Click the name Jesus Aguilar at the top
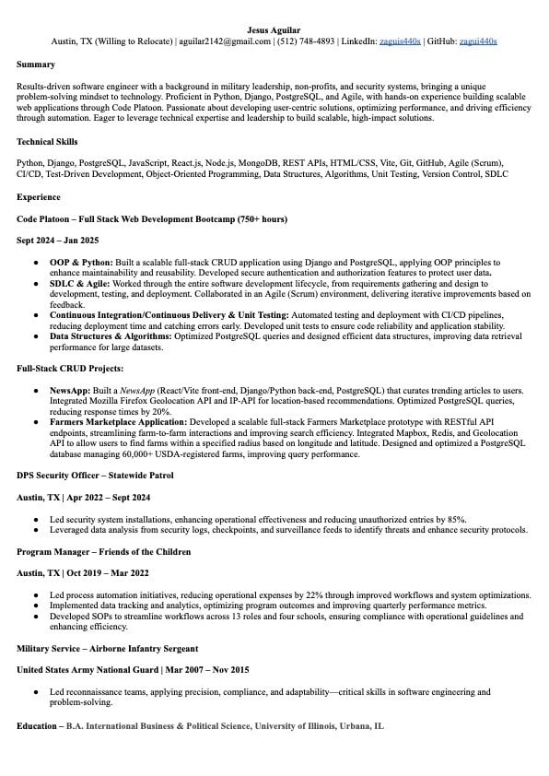(274, 29)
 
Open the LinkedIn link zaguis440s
(400, 41)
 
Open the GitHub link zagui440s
(477, 41)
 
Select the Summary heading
(36, 65)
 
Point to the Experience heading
(39, 197)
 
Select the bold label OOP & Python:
(80, 263)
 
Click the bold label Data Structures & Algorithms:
(111, 336)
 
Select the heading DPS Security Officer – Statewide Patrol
(96, 476)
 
